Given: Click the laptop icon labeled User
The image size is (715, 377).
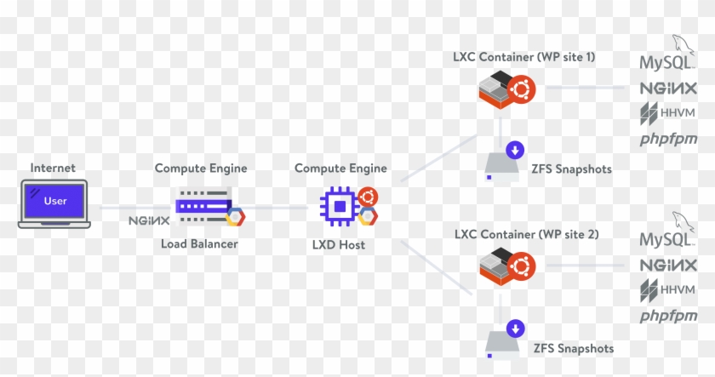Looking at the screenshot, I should [x=54, y=204].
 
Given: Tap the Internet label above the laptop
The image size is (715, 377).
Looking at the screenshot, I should [x=53, y=169].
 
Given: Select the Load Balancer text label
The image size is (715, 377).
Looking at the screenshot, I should [x=199, y=244].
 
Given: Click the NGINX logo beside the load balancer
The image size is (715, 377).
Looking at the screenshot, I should [x=148, y=220].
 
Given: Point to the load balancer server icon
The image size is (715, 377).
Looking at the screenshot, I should [x=204, y=205].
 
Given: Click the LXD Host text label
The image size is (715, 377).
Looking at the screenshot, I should [x=338, y=245].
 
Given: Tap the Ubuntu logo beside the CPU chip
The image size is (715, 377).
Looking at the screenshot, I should [x=368, y=197].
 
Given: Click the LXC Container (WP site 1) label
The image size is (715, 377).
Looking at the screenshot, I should [x=524, y=57].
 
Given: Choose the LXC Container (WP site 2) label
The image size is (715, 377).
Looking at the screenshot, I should [x=525, y=234].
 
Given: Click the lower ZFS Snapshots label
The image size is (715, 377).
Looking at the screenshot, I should [x=572, y=348].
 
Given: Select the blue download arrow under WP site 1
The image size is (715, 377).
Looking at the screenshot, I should [x=514, y=151].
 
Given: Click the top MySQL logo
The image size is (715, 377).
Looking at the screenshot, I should [x=668, y=60].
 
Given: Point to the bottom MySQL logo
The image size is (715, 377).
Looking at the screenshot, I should [x=668, y=236].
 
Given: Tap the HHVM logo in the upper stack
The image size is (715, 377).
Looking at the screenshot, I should [x=667, y=113].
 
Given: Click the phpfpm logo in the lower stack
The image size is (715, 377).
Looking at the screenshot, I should [x=668, y=316].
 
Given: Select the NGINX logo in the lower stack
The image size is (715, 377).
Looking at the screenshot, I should [x=668, y=265].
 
